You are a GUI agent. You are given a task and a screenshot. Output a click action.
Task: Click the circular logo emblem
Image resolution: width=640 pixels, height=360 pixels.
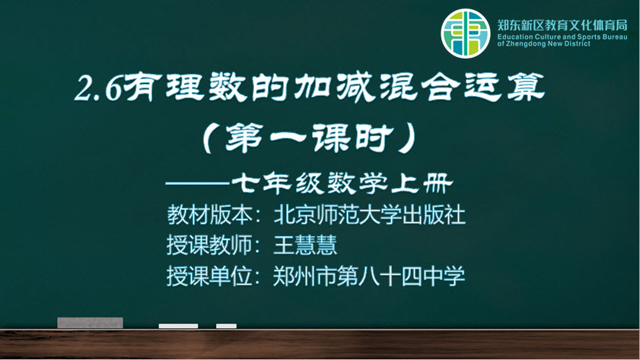(x=465, y=33)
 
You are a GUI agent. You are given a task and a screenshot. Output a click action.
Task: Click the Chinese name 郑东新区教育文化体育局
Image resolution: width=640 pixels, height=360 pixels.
(x=562, y=25)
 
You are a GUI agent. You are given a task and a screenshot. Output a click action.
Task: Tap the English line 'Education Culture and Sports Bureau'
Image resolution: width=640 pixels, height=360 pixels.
(x=562, y=37)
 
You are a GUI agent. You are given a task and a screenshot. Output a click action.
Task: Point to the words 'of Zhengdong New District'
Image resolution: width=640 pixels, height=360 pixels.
(x=543, y=43)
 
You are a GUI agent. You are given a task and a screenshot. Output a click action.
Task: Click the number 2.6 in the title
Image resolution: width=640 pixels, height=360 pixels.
(x=98, y=88)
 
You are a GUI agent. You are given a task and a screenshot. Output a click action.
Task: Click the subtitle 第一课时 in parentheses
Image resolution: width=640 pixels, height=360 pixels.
(x=308, y=139)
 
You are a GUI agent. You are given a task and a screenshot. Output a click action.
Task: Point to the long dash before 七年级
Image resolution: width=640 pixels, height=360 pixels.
(x=197, y=184)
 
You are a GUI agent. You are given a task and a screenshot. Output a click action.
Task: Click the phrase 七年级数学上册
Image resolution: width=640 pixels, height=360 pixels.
(x=342, y=183)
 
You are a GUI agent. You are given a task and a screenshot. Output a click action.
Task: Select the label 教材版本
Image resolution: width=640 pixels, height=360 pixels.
(x=209, y=215)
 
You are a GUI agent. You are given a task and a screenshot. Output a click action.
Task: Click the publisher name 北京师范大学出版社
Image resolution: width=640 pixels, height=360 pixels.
(x=369, y=215)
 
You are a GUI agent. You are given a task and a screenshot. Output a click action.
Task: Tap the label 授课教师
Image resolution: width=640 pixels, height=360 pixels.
(x=209, y=245)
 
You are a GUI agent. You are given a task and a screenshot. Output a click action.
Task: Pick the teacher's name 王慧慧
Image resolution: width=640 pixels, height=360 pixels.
(x=305, y=245)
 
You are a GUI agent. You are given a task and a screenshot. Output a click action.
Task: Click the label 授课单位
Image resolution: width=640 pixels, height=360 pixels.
(x=209, y=276)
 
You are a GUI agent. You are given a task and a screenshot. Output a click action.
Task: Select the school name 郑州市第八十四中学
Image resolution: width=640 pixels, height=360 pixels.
(x=369, y=276)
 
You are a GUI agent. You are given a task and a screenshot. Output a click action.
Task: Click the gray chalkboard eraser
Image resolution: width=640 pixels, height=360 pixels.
(x=91, y=323)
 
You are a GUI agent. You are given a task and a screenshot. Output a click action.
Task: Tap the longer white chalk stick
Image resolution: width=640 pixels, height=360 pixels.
(x=178, y=326)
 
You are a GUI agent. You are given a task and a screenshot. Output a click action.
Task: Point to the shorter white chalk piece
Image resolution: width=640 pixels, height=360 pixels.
(x=227, y=326)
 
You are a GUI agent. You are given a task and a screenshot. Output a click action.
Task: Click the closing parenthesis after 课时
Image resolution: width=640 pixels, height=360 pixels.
(x=408, y=139)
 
